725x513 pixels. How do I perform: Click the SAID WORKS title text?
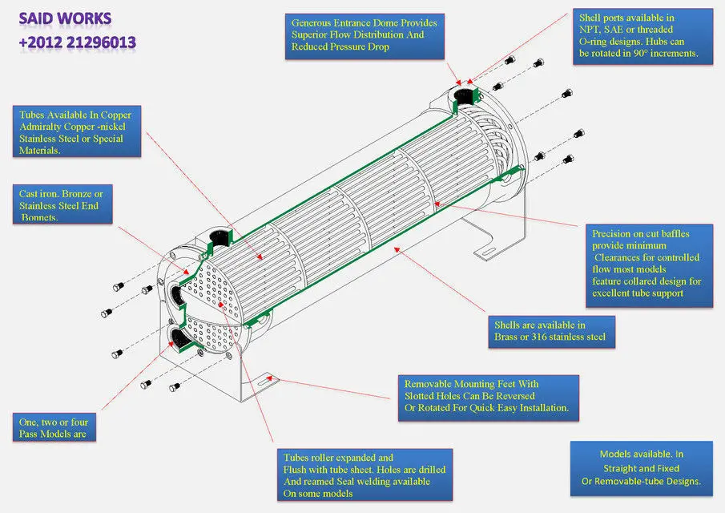(66, 18)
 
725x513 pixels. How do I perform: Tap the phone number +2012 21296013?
(78, 42)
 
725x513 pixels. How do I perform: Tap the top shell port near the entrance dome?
(464, 97)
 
